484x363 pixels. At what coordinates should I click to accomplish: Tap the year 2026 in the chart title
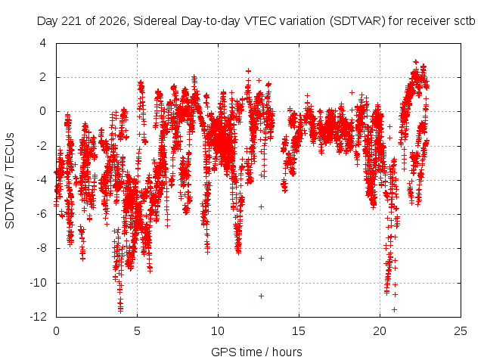(x=113, y=21)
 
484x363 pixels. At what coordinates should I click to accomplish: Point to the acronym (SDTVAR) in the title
(x=358, y=21)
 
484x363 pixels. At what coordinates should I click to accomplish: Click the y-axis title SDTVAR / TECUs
(x=10, y=181)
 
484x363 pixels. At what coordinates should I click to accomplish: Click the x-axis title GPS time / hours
(x=256, y=352)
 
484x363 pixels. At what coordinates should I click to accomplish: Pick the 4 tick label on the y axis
(x=43, y=43)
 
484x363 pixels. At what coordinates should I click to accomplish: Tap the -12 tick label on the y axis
(x=39, y=316)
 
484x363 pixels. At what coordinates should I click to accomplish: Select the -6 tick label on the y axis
(x=40, y=214)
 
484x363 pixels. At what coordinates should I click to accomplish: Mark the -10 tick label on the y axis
(x=39, y=282)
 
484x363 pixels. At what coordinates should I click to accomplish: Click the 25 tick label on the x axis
(x=461, y=331)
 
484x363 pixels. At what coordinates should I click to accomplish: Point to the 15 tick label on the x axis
(x=299, y=331)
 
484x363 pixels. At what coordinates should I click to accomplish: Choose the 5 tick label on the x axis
(x=137, y=331)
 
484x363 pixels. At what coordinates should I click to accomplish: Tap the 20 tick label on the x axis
(x=380, y=331)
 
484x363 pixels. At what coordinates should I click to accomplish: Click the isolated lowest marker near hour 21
(x=394, y=309)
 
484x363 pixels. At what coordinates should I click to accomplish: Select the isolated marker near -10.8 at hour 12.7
(x=261, y=296)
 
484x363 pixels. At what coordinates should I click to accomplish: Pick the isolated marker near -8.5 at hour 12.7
(x=261, y=258)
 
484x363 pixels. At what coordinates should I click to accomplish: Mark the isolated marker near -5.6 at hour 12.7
(x=261, y=206)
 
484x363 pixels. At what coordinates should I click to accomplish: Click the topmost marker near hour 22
(x=416, y=61)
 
